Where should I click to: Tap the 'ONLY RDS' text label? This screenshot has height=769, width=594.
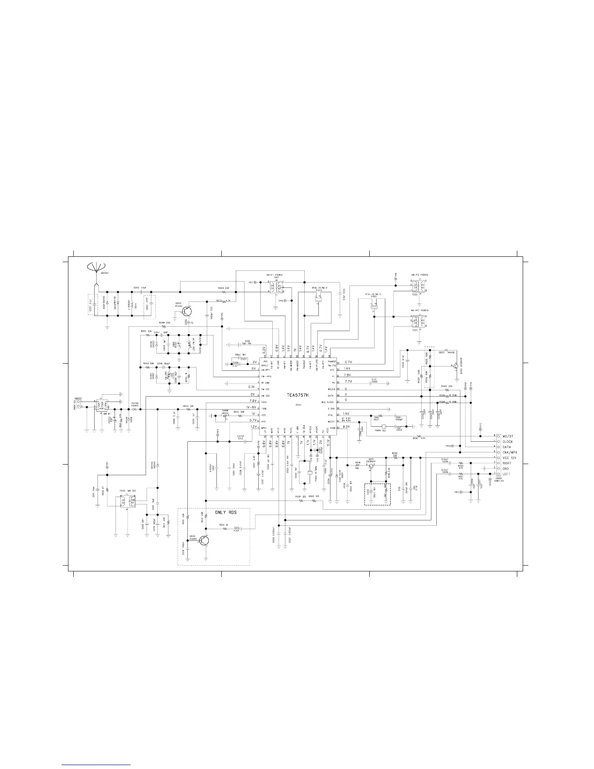pyautogui.click(x=226, y=512)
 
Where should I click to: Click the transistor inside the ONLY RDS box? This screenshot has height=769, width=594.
pyautogui.click(x=205, y=540)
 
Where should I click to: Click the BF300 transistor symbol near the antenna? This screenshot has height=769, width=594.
pyautogui.click(x=188, y=311)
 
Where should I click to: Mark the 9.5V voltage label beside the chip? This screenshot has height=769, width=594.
pyautogui.click(x=346, y=426)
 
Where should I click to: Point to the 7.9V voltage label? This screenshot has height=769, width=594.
pyautogui.click(x=347, y=375)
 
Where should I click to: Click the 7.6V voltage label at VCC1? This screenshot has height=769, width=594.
pyautogui.click(x=252, y=401)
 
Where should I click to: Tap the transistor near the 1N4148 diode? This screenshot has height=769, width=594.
pyautogui.click(x=455, y=365)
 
